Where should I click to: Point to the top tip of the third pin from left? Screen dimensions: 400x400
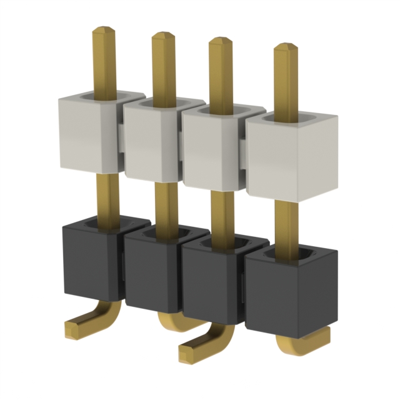pyautogui.click(x=220, y=42)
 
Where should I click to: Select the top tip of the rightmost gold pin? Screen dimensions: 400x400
pyautogui.click(x=286, y=48)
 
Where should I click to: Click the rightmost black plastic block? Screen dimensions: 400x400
pyautogui.click(x=291, y=291)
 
